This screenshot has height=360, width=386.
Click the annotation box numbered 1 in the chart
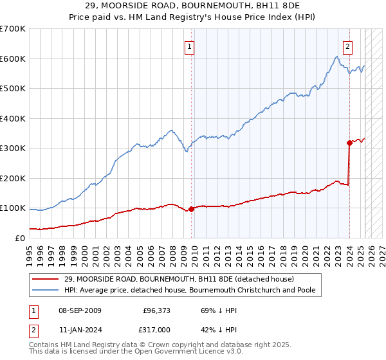pos(190,46)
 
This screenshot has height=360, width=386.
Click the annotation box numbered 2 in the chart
pos(347,46)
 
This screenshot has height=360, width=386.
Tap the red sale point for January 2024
pos(349,143)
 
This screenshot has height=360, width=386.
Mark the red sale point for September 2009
pos(191,209)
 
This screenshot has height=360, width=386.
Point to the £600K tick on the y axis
pos(14,59)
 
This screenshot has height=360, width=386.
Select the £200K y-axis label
pos(14,178)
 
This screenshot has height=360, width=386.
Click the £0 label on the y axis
pos(19,238)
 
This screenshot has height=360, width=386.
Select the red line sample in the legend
pos(46,279)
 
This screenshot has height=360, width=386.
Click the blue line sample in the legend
pos(46,291)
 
